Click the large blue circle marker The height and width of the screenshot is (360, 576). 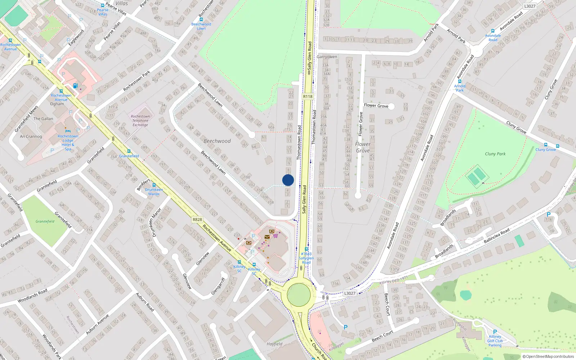[288, 180]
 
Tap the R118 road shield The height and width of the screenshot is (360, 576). [308, 96]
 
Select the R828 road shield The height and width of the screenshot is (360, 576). [197, 220]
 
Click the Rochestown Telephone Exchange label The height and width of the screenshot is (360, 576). [140, 121]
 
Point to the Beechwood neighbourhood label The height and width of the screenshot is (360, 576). [217, 141]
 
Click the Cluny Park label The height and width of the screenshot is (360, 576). [495, 154]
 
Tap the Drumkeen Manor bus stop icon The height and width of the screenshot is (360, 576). [154, 185]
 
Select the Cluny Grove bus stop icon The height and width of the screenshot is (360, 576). [557, 146]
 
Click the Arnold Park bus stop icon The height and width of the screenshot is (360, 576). [460, 81]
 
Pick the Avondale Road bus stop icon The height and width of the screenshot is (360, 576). [493, 31]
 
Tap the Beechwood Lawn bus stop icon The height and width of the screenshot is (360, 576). [201, 19]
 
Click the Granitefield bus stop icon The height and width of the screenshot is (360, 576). [129, 151]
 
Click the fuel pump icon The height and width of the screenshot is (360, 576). [75, 86]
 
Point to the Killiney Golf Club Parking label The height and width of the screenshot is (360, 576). [495, 341]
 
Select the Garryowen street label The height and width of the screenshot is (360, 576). [327, 57]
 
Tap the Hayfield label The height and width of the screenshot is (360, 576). [274, 344]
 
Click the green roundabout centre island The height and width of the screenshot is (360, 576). [299, 294]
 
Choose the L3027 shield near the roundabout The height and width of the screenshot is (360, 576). [350, 293]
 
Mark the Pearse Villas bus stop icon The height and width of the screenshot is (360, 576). [103, 5]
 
